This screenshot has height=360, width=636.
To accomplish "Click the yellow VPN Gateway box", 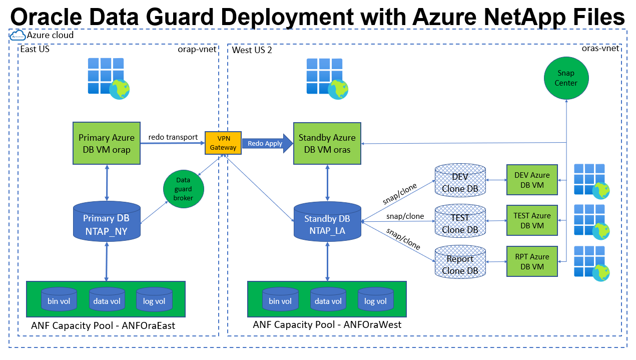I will (223, 143).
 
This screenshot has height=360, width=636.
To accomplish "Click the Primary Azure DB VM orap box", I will (106, 143).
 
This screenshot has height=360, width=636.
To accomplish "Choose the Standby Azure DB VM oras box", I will (327, 143).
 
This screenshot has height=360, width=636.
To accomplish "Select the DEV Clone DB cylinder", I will (460, 183).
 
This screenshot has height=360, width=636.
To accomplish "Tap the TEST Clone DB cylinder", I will (460, 223).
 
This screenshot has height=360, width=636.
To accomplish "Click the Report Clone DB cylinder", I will (460, 264).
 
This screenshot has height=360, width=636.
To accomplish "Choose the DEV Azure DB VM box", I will (531, 179).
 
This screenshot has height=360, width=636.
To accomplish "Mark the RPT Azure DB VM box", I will (531, 261).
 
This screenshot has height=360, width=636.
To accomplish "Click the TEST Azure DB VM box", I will (531, 220).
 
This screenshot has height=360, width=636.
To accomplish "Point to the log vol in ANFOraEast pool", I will (154, 300).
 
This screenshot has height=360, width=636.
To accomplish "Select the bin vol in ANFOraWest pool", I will (280, 300).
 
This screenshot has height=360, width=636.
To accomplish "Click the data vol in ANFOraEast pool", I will (107, 300).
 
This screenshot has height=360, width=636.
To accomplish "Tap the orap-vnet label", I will (197, 49).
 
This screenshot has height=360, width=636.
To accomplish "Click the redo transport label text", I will (173, 137).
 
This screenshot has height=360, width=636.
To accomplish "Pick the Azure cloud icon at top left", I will (17, 36).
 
